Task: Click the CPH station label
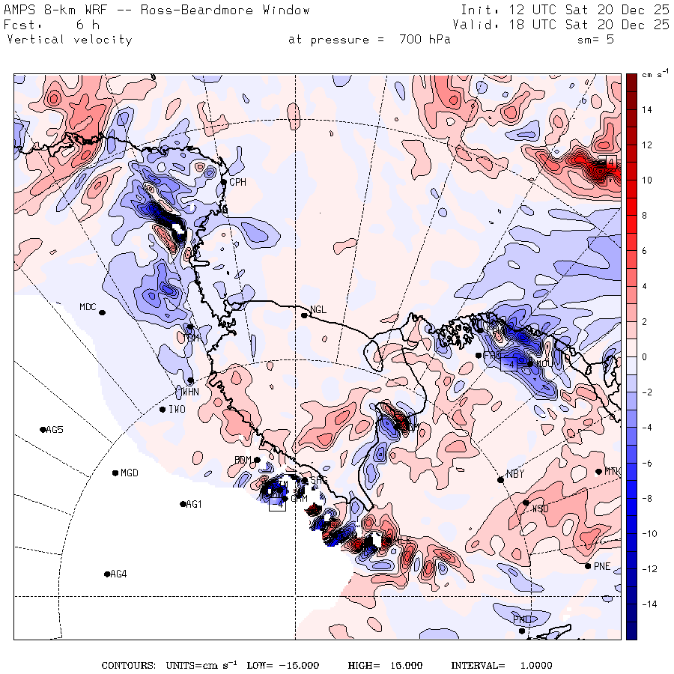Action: point(237,182)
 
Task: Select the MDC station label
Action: point(88,307)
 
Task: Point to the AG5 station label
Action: point(55,430)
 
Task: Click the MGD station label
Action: point(130,473)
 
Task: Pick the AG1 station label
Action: point(193,505)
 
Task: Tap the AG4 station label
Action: point(118,574)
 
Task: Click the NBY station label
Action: point(514,474)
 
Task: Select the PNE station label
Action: point(602,566)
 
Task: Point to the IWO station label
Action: point(177,410)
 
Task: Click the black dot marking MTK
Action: point(598,471)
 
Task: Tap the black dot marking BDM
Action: point(257,460)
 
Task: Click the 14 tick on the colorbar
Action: point(646,110)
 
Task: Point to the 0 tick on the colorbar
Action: point(644,356)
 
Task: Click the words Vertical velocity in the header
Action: point(69,40)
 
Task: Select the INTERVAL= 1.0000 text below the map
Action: point(501,665)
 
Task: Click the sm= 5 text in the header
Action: point(595,40)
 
